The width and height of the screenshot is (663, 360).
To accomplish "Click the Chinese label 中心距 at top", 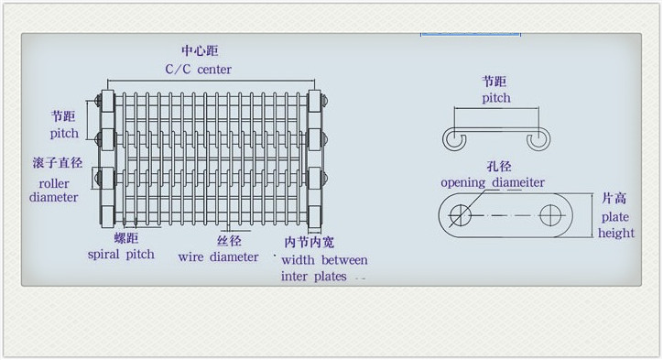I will coord(200,51).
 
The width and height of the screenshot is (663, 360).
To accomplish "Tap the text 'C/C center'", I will coord(198,70).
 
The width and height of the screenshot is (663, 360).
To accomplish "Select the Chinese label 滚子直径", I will coord(57,163).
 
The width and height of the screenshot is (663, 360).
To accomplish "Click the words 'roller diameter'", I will coord(54,189).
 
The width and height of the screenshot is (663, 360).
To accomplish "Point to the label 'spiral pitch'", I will coord(121,254).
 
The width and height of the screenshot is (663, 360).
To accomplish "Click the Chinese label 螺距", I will coord(125,238).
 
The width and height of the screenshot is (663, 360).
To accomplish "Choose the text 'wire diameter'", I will coord(218,257).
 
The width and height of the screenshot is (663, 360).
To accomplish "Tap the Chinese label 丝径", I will coord(229,241).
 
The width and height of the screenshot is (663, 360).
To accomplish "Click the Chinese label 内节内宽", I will coord(310,244).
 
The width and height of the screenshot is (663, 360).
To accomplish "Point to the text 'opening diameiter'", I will coord(493,183).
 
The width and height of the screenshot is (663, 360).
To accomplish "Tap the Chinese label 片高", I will coord(615,198).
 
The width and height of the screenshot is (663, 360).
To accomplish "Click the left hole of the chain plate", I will coord(461,215).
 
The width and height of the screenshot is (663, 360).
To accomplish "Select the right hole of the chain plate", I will coord(551,215).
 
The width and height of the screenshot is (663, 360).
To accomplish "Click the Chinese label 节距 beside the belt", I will coord(63,117).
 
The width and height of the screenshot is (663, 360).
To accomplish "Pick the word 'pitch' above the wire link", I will coord(496,98).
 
